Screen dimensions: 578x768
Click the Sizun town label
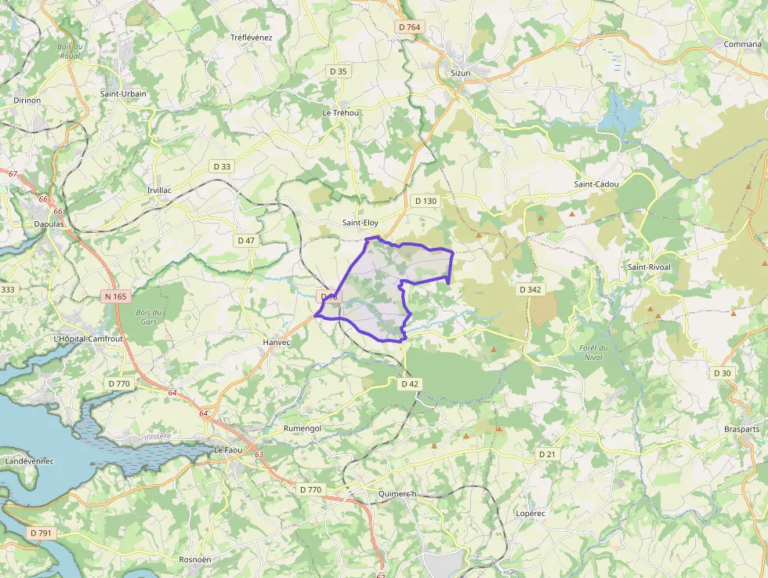coord(461,73)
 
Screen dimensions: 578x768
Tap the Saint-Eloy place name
coord(360,223)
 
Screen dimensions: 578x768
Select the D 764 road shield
coord(409,27)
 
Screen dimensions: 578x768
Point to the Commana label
coord(742,44)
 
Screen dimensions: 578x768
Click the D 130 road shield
coord(425,202)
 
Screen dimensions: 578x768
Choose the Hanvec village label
coord(277,343)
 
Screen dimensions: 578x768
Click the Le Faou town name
coord(228,449)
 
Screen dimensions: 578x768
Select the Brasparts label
coord(741,430)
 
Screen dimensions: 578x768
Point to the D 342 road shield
coord(530,289)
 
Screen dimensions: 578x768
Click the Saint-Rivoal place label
coord(649,267)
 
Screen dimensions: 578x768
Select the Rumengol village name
coord(302,429)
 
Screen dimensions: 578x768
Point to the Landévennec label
coord(29,461)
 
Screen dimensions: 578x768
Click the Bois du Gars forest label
coord(147,316)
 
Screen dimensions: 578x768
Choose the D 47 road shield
coord(246,241)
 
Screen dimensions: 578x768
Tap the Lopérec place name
coord(530,512)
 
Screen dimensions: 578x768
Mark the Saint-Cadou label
coord(596,184)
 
